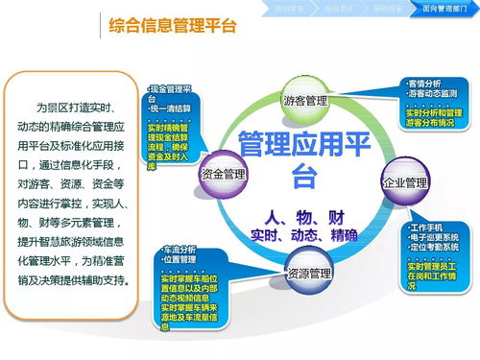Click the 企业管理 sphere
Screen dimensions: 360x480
pos(403,181)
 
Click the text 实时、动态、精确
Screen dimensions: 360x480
pos(303,233)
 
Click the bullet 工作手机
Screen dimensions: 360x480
pos(427,227)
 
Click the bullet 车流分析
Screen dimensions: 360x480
pos(180,249)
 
